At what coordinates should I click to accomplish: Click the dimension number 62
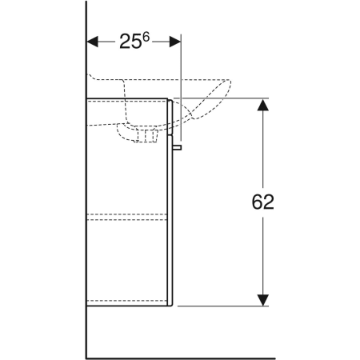click(x=262, y=202)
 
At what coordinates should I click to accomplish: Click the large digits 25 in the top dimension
click(x=130, y=42)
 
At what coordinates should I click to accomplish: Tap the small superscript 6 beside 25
click(x=146, y=37)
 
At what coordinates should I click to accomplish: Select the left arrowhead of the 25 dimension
click(x=93, y=42)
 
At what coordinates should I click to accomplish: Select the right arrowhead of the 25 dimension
click(x=175, y=42)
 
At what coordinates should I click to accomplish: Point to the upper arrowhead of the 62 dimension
click(x=263, y=105)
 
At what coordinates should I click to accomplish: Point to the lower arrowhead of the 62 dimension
click(x=263, y=300)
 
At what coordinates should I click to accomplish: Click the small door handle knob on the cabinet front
click(x=177, y=147)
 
